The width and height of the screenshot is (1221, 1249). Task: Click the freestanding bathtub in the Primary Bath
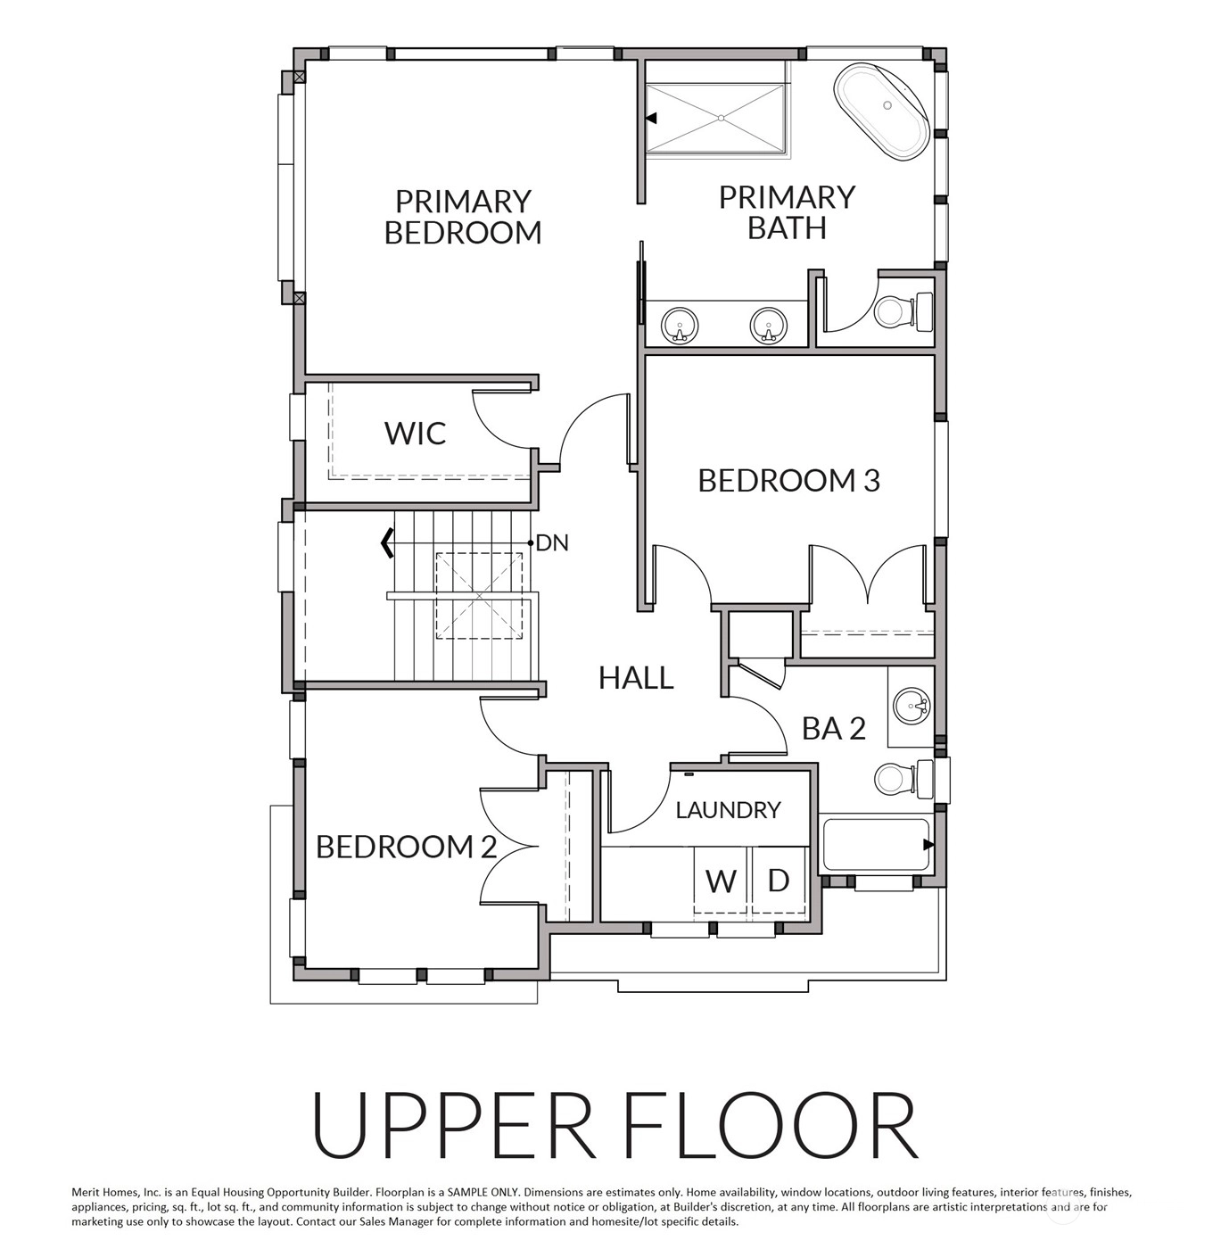[881, 111]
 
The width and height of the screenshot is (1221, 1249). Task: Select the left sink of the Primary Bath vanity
[680, 326]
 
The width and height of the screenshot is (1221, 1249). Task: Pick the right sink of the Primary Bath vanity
[768, 326]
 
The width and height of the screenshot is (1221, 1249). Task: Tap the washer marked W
[722, 881]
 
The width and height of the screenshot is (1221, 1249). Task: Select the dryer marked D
[779, 881]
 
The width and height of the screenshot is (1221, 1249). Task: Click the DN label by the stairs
[552, 543]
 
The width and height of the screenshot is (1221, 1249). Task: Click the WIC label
[415, 434]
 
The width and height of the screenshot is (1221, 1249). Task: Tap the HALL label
[636, 678]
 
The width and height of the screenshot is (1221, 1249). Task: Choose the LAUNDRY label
[729, 810]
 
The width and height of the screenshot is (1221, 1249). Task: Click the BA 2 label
[833, 728]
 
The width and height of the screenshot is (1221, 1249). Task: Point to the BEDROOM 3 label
[788, 481]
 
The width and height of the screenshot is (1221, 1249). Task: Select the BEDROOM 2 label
[406, 847]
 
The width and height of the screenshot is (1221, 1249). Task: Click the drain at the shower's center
[722, 118]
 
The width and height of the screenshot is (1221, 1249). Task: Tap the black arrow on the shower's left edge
[652, 118]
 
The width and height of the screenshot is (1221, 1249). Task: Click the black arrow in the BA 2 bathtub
[928, 845]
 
